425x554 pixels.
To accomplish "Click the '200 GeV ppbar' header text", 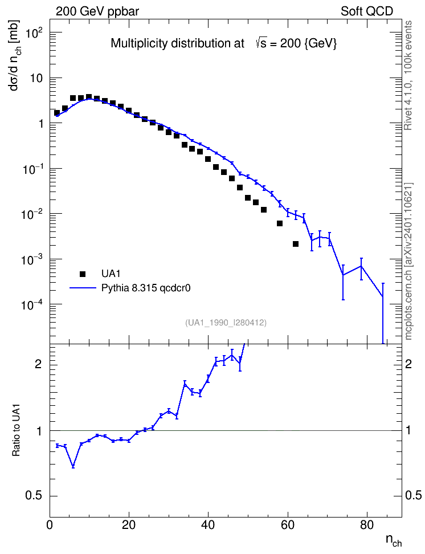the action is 97,11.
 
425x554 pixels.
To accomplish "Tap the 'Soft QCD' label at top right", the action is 367,11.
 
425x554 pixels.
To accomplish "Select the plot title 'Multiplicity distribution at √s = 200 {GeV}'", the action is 224,43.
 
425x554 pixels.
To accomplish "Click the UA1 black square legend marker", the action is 83,274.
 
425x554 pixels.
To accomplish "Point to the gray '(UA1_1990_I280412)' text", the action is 226,323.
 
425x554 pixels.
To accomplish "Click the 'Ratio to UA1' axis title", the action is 17,430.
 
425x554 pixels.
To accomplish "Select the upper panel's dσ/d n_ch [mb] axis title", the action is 15,55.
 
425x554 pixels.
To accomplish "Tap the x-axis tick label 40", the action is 208,525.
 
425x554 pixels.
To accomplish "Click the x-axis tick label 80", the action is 367,525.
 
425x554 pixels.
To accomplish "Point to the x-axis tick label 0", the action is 50,525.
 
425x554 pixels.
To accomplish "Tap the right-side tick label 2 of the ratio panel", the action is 408,364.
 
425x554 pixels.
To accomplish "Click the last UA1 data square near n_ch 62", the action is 296,244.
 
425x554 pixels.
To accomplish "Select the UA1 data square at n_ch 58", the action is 280,223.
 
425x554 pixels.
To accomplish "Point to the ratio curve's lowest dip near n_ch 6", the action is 73,467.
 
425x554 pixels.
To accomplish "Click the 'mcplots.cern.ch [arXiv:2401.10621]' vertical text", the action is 408,262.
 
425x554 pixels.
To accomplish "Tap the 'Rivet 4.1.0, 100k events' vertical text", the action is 408,75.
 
